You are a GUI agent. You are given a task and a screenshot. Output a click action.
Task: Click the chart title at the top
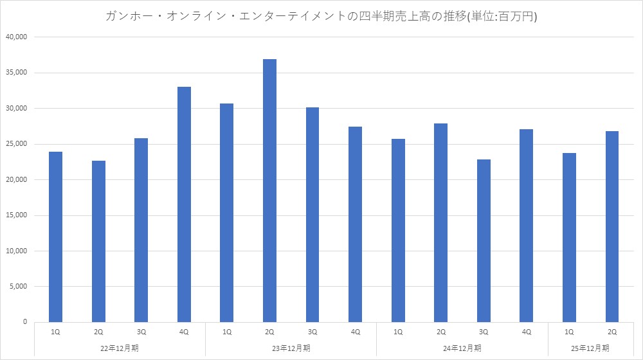tap(321, 17)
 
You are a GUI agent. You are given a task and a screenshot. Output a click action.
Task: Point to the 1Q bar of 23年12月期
tap(226, 212)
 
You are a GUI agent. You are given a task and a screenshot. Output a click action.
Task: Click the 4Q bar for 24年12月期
tap(526, 225)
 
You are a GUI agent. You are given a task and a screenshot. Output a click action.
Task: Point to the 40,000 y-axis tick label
tap(16, 37)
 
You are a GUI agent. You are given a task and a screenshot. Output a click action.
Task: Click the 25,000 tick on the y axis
tap(16, 144)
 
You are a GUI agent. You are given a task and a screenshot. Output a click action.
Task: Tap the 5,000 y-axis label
tap(18, 286)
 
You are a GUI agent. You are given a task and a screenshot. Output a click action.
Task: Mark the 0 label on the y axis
tap(24, 321)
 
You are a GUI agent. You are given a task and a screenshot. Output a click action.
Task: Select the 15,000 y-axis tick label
tap(16, 215)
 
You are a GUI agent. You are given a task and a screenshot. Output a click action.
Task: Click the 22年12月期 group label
tap(120, 348)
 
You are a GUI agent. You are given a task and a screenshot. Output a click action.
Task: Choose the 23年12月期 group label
tap(291, 348)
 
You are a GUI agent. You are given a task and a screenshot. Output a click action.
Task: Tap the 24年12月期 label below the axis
tap(462, 348)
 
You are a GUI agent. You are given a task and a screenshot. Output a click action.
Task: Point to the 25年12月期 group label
tap(590, 348)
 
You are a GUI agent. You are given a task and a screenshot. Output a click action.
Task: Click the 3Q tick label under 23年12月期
tap(312, 332)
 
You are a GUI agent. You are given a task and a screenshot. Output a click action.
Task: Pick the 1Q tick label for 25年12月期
tap(569, 332)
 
